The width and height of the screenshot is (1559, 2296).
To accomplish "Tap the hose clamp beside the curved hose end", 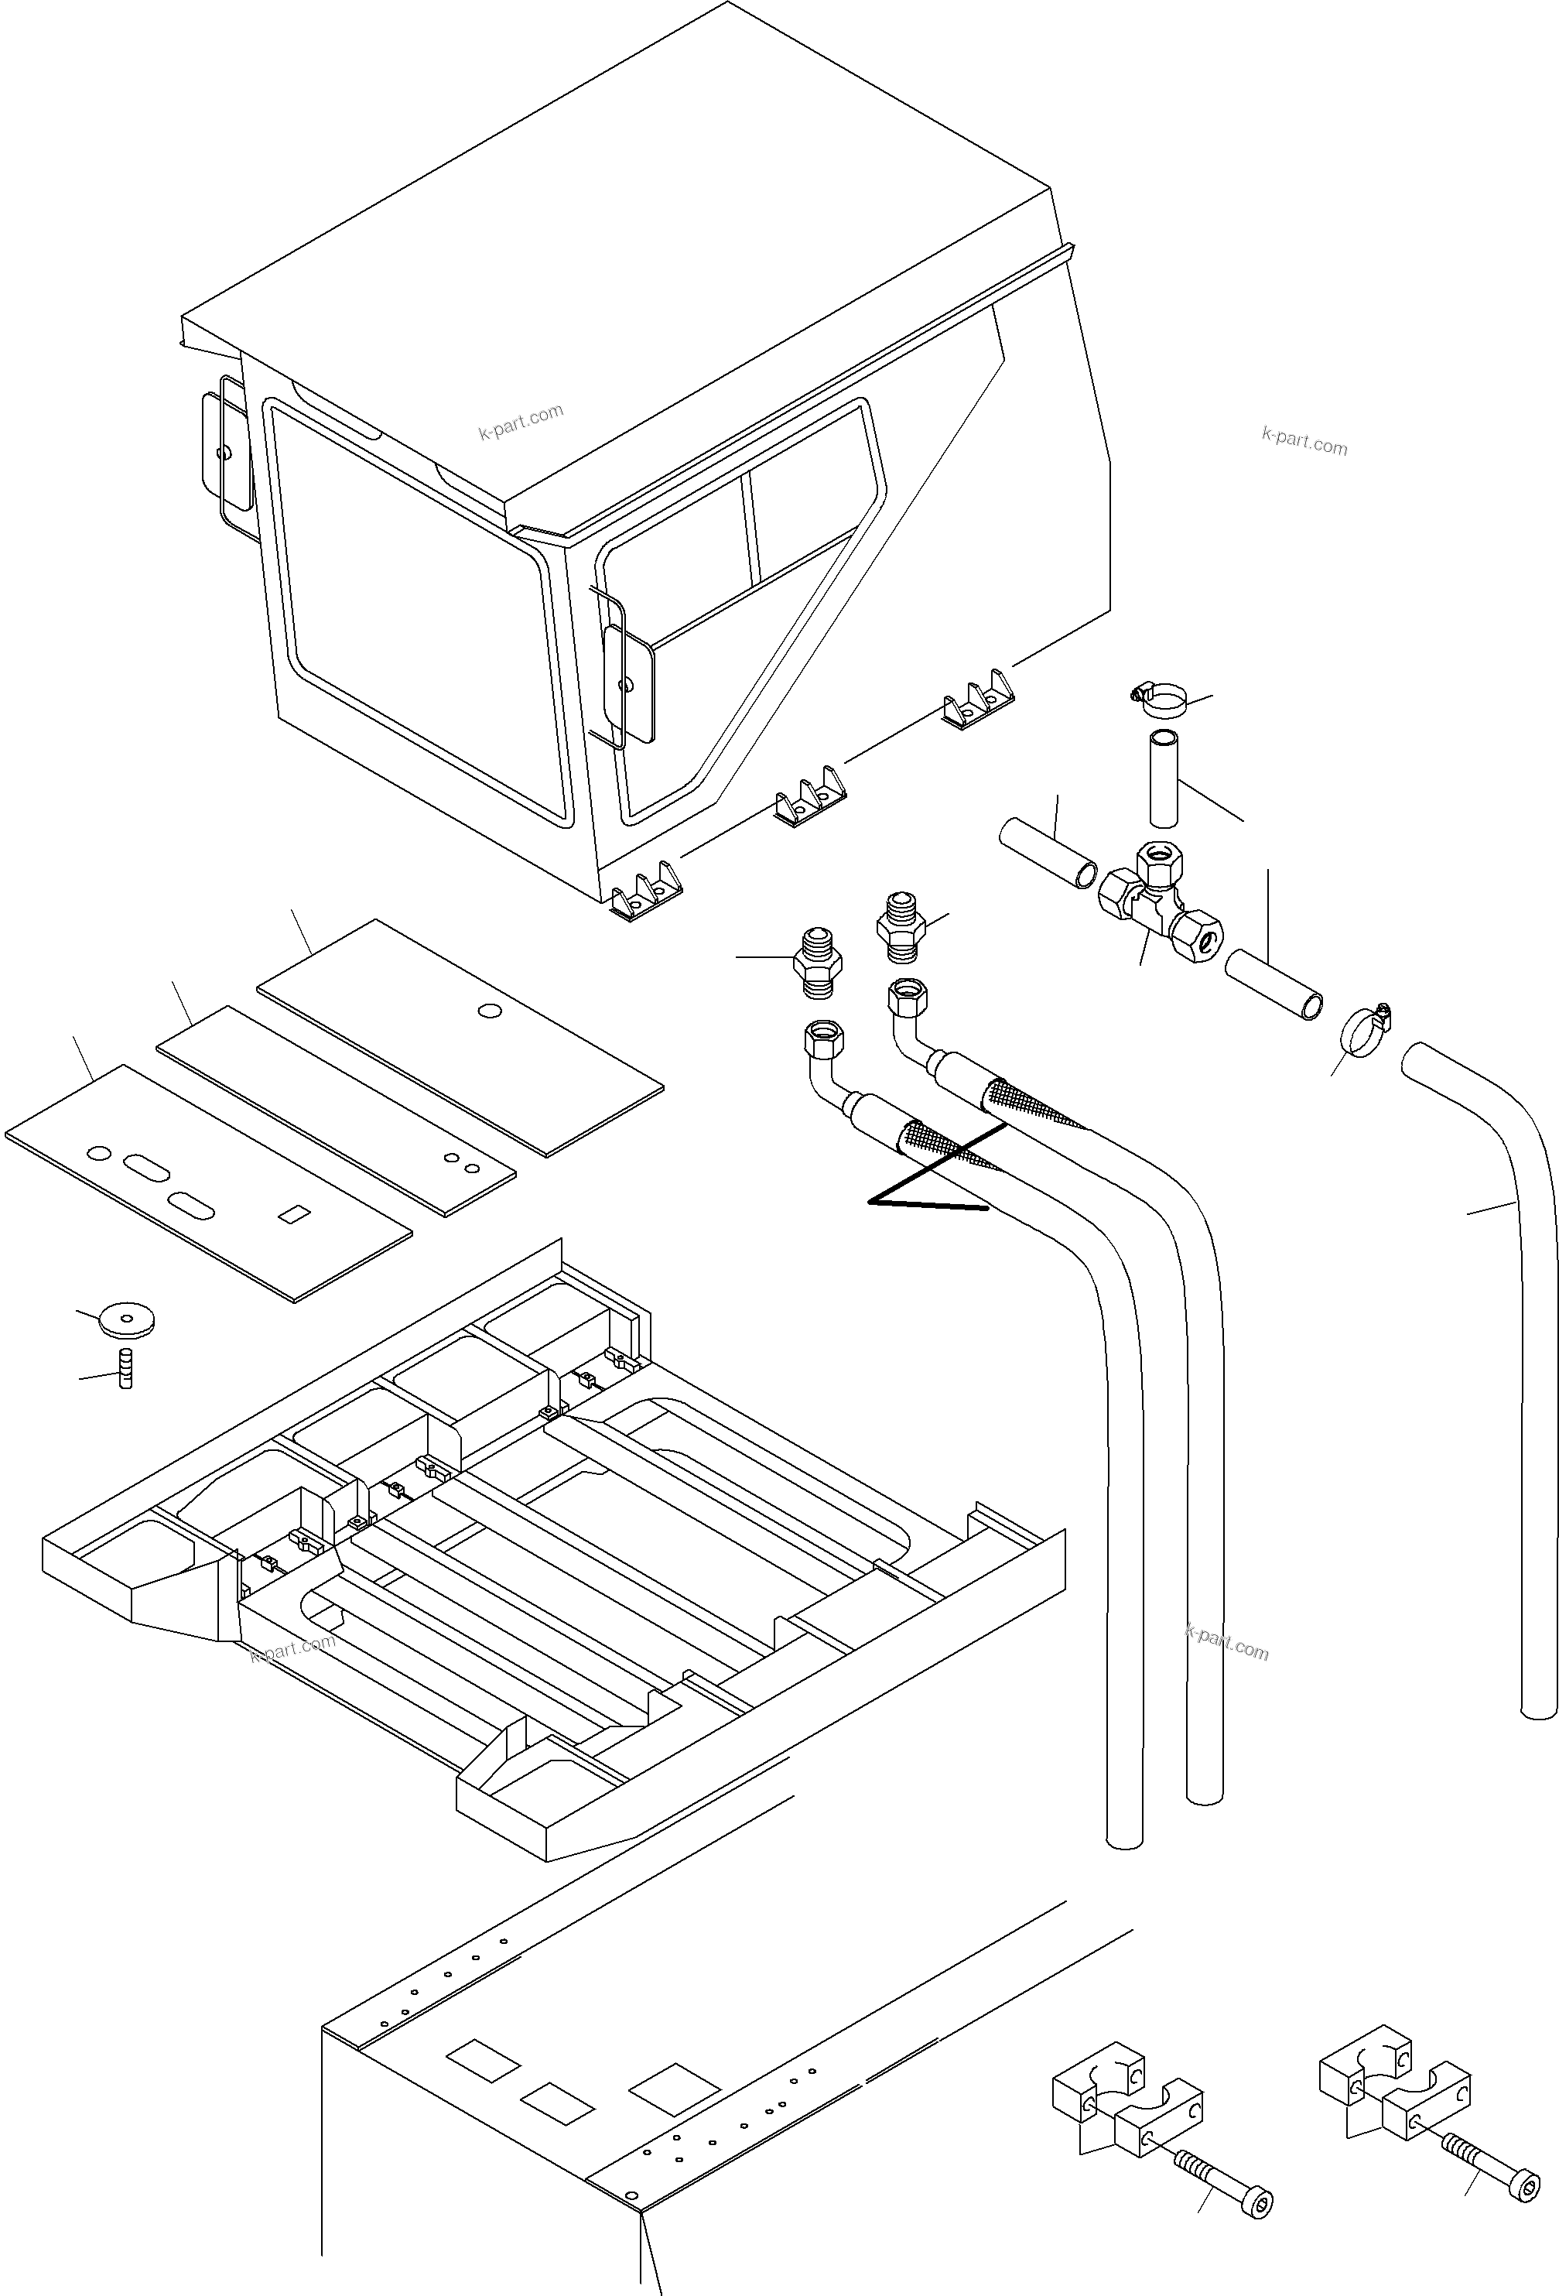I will [1364, 1031].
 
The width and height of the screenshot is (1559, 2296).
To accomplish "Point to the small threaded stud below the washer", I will [125, 1368].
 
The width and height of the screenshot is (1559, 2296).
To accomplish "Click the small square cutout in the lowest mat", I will [292, 1214].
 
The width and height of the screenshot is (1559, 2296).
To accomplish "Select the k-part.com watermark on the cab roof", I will [521, 422].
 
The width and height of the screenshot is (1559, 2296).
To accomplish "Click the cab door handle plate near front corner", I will [629, 683].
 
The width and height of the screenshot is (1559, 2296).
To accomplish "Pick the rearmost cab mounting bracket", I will [977, 700].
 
